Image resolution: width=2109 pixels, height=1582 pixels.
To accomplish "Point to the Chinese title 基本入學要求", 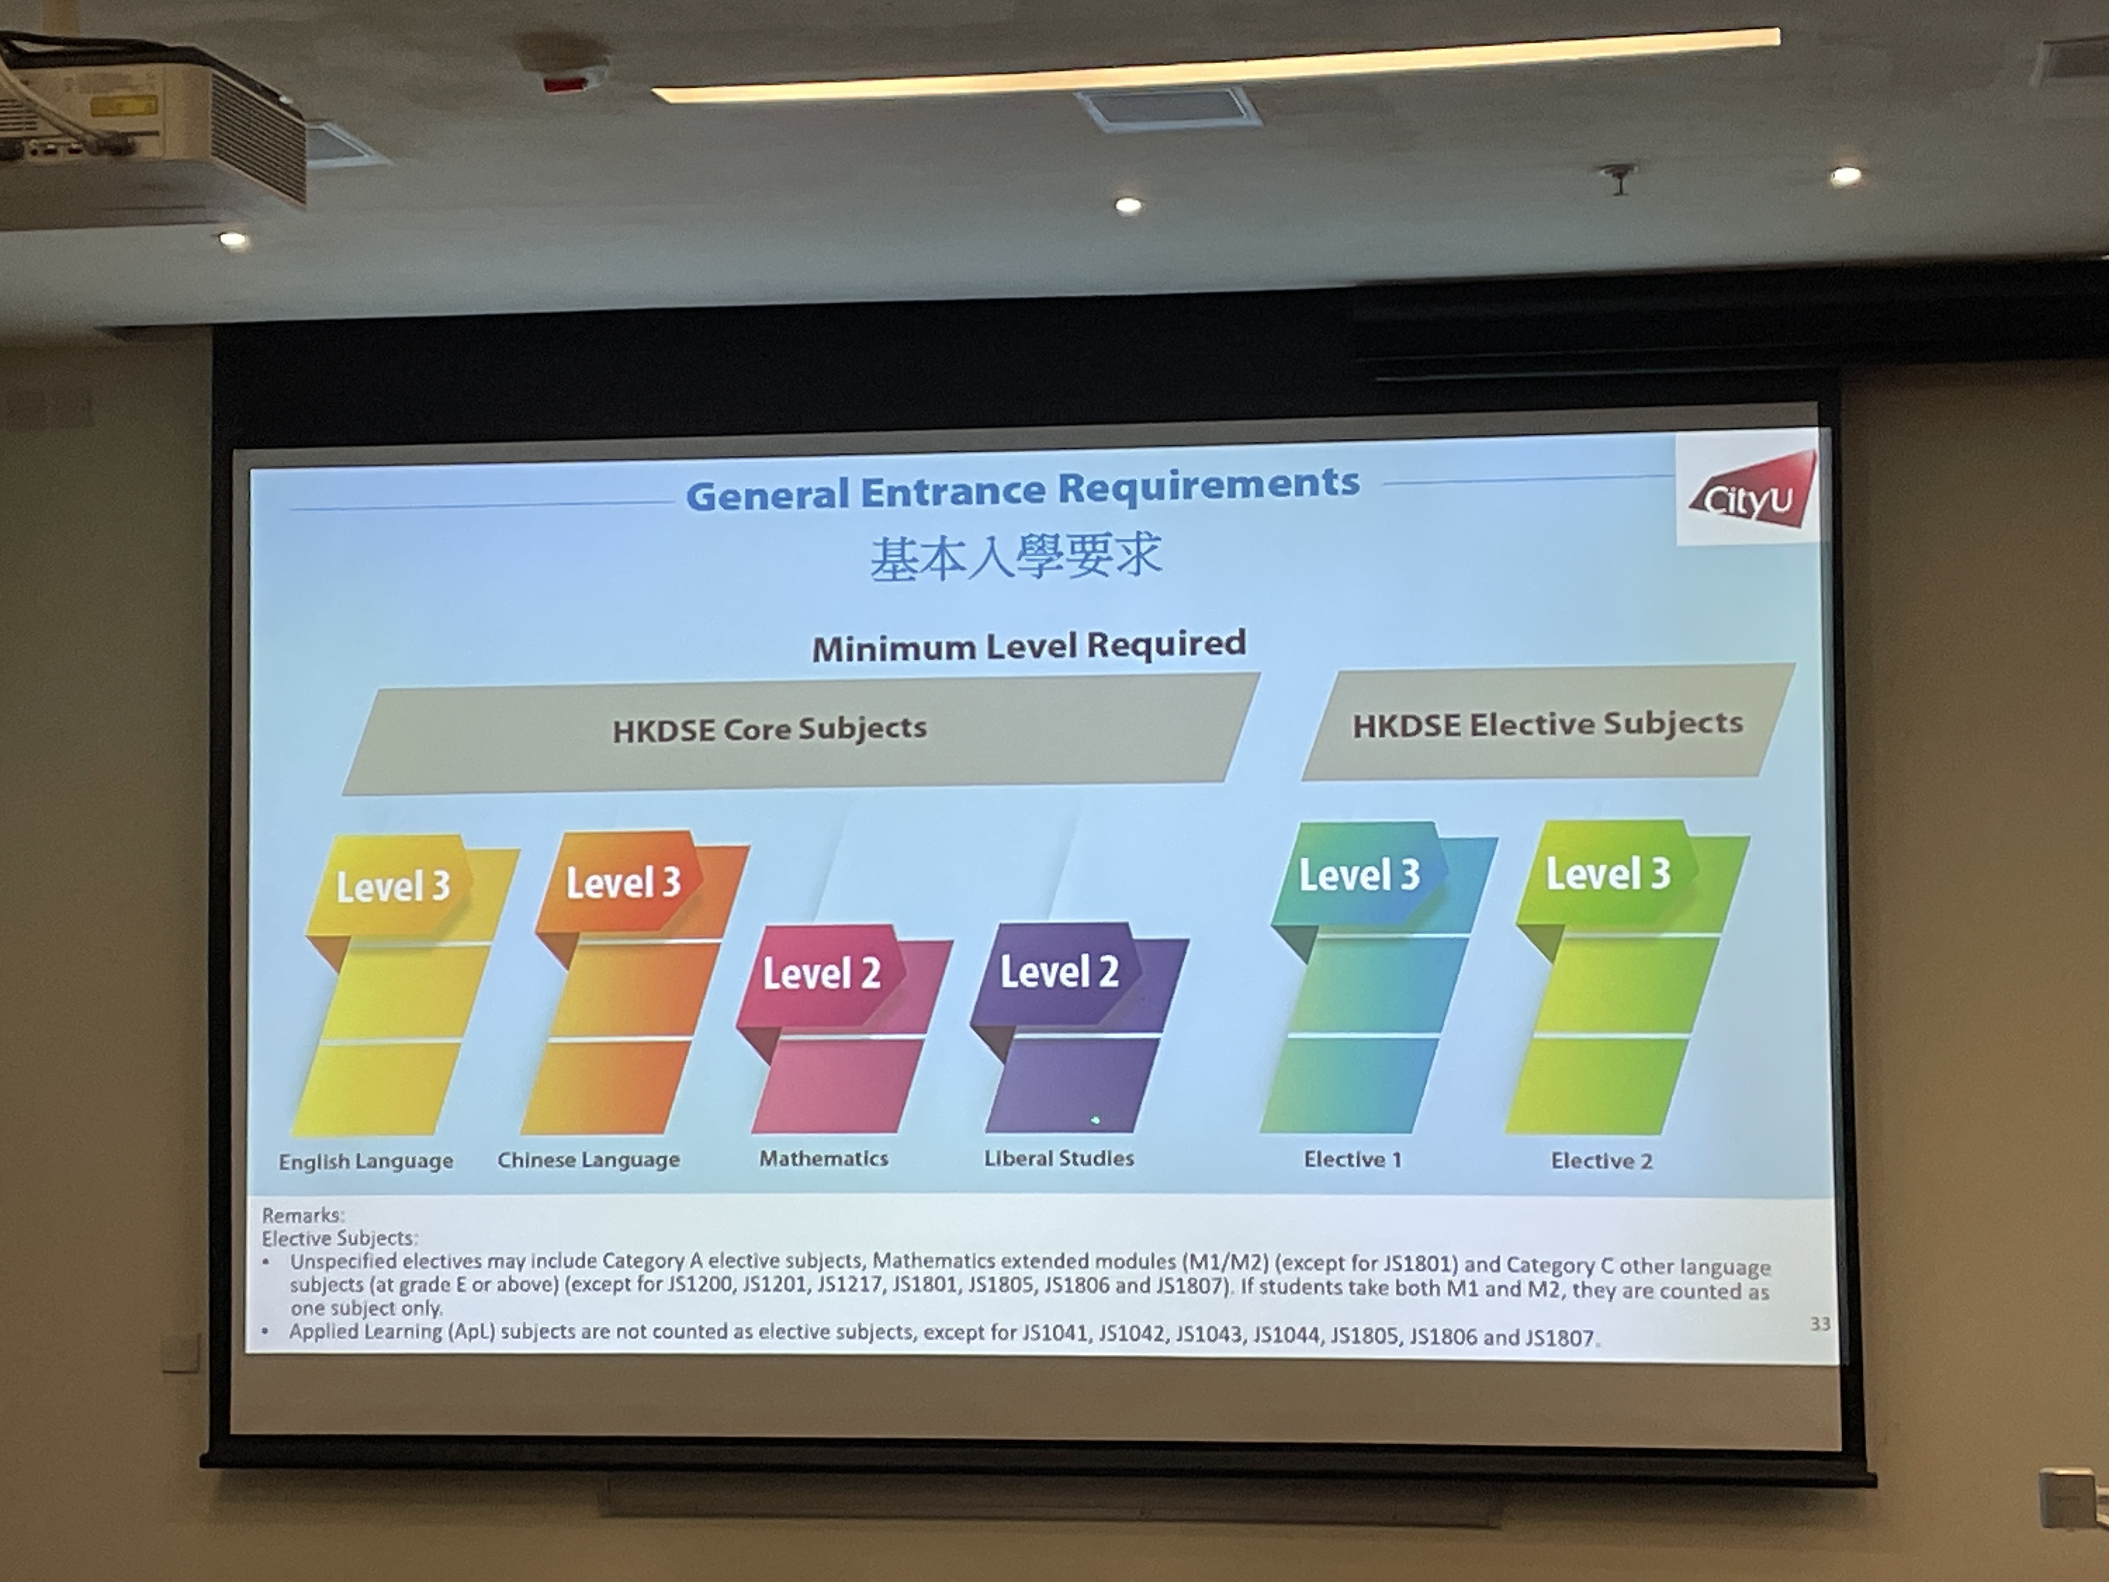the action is point(1015,557).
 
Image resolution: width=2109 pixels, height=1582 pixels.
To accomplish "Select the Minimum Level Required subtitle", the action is point(1029,646).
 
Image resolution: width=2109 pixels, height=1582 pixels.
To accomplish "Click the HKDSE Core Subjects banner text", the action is point(769,729).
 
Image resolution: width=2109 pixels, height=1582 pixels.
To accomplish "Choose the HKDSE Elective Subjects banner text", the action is point(1547,724).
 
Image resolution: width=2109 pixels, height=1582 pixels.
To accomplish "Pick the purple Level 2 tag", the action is point(1058,971).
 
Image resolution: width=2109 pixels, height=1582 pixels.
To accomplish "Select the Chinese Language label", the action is point(588,1160).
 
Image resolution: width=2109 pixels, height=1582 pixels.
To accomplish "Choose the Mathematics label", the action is point(824,1158).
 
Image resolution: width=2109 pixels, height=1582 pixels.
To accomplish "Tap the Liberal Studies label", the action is point(1059,1158).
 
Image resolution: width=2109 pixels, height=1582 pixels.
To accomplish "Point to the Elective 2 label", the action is point(1602,1160).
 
